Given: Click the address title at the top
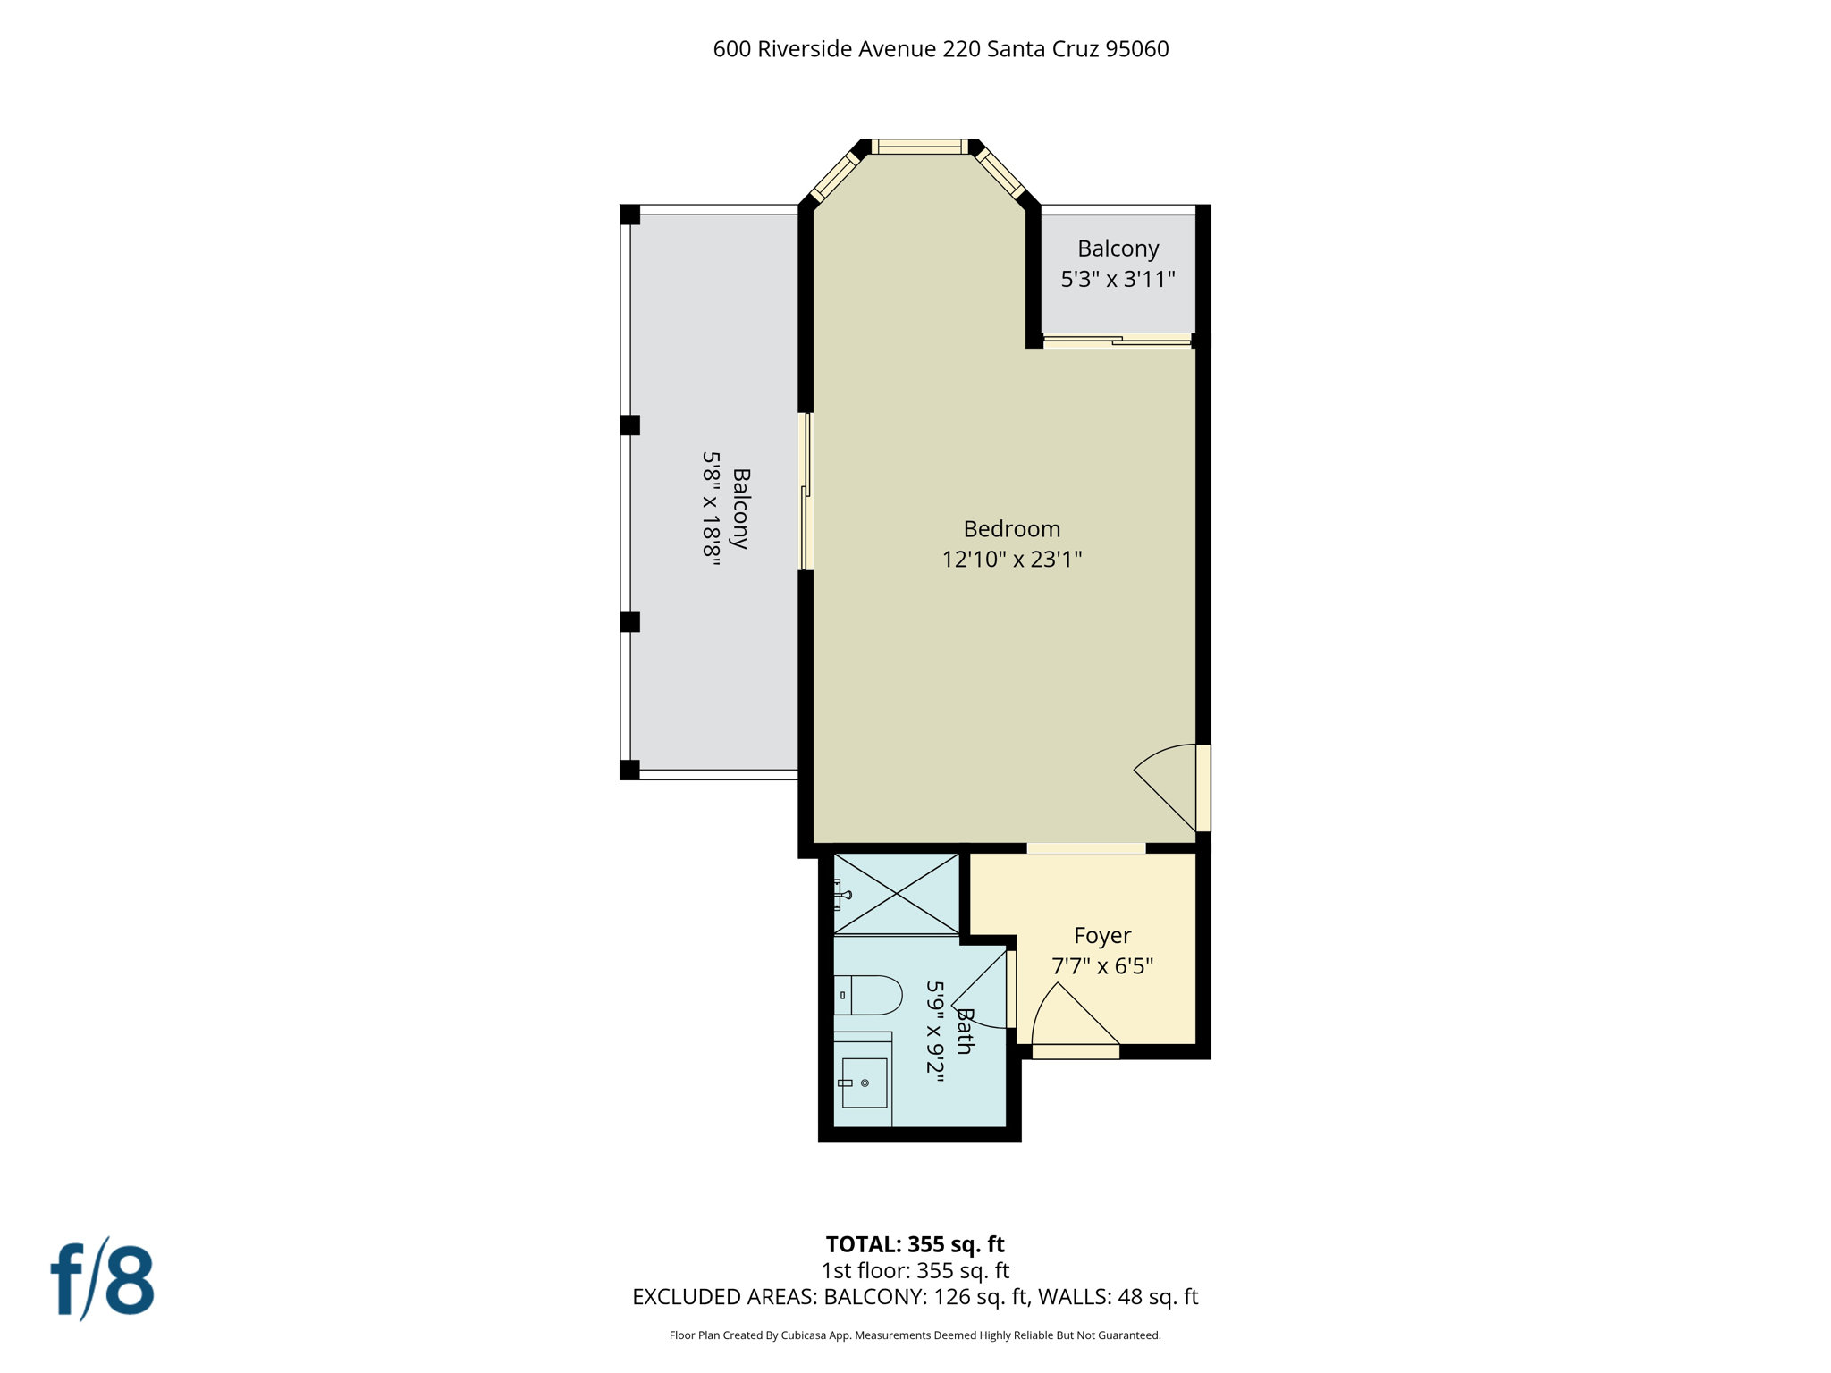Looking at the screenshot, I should pyautogui.click(x=941, y=49).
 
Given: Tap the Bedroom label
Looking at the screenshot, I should pyautogui.click(x=1011, y=528).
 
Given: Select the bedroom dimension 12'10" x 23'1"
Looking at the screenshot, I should pyautogui.click(x=1011, y=560).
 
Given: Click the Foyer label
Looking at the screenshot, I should pyautogui.click(x=1101, y=935).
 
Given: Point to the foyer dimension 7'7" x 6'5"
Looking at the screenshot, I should pyautogui.click(x=1101, y=966).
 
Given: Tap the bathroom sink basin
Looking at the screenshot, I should pyautogui.click(x=864, y=1082).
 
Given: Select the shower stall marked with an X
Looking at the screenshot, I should pyautogui.click(x=897, y=894).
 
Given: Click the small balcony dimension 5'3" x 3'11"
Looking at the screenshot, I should pyautogui.click(x=1118, y=280).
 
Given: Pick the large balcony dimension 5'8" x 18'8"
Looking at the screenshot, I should pyautogui.click(x=711, y=505).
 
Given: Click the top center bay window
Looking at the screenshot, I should pyautogui.click(x=919, y=147).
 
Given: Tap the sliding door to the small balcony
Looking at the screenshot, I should pyautogui.click(x=1117, y=340).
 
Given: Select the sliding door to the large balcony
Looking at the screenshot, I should pyautogui.click(x=805, y=492).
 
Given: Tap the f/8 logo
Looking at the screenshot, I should pyautogui.click(x=102, y=1279).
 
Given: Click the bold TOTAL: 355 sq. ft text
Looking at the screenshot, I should pyautogui.click(x=915, y=1244).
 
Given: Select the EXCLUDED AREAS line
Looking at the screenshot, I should pyautogui.click(x=915, y=1297).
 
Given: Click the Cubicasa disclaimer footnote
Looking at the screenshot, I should pyautogui.click(x=915, y=1335).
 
